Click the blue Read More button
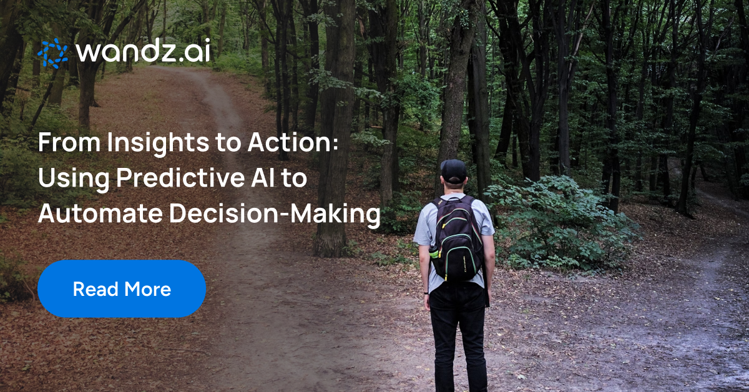tap(121, 289)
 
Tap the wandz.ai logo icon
tap(52, 53)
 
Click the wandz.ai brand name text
tap(142, 53)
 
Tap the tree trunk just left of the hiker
tap(331, 187)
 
